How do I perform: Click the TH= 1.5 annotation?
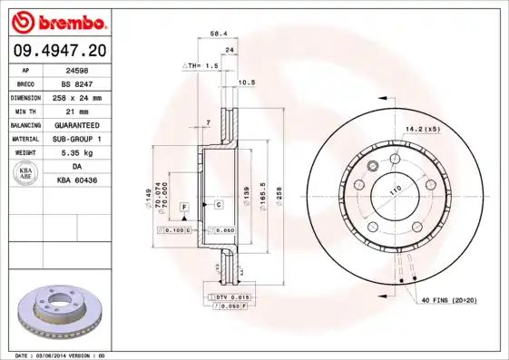pos(201,66)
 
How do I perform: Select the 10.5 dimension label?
pos(245,83)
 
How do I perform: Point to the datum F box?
pos(184,208)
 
